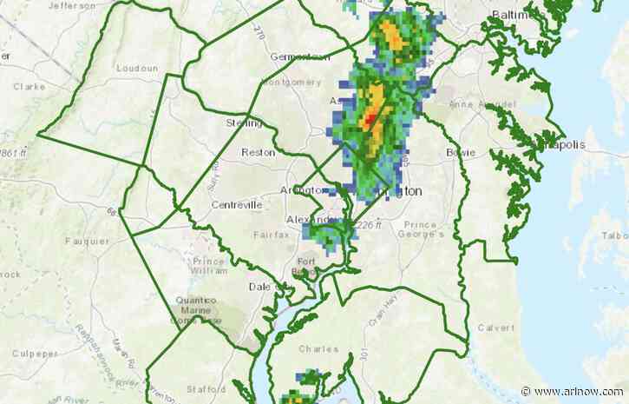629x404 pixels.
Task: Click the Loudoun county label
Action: (x=140, y=68)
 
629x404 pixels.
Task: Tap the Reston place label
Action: (x=260, y=151)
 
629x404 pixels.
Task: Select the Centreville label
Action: (x=236, y=205)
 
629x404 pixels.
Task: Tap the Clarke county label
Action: (x=29, y=87)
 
